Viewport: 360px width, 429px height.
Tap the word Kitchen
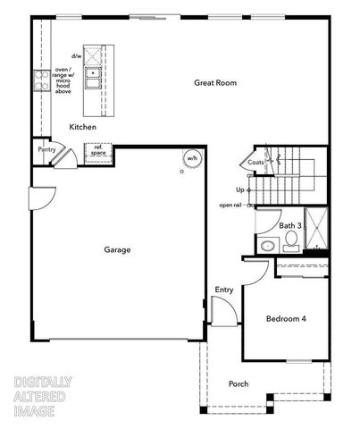[82, 128]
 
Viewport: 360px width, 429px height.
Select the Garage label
[116, 250]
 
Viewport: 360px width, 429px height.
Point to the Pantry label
[47, 150]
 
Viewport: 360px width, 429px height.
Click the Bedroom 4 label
[285, 319]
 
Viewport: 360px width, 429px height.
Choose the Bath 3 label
[289, 226]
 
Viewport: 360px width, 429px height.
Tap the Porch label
[239, 384]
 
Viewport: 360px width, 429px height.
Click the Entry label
[224, 290]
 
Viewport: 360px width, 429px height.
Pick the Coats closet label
[256, 162]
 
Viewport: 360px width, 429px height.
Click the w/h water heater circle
[191, 159]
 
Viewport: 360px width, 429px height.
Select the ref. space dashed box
[96, 150]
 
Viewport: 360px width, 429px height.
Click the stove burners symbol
[39, 81]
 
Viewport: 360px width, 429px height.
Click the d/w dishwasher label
[77, 55]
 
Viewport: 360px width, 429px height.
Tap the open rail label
[230, 206]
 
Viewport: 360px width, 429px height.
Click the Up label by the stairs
[239, 189]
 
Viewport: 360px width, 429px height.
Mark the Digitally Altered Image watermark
[43, 396]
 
